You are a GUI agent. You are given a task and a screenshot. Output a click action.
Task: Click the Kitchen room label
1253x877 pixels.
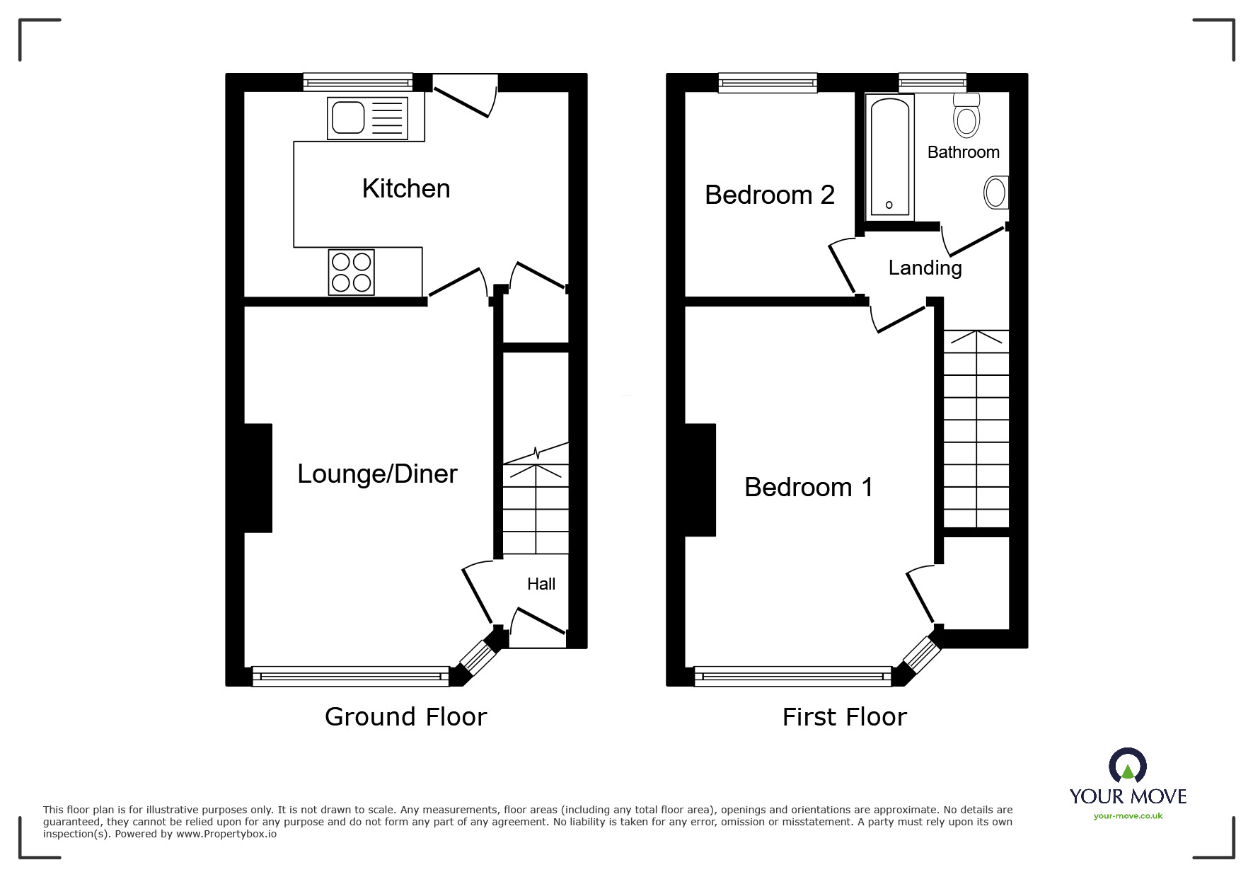pos(405,189)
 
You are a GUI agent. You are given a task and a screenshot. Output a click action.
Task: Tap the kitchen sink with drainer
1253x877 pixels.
pos(367,118)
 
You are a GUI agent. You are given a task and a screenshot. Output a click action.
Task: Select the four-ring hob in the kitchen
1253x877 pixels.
pos(352,273)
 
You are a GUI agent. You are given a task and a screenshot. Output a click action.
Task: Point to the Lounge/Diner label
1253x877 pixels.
pos(377,474)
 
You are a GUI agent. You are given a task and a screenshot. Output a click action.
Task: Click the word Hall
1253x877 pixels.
pos(541,584)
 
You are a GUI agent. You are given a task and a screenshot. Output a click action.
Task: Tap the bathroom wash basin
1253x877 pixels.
pos(995,193)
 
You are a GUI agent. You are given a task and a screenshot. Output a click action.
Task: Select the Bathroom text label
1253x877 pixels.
pos(963,152)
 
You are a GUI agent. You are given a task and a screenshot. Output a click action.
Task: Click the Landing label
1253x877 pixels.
pos(925,268)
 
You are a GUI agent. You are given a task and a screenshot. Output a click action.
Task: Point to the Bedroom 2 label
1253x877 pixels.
pos(770,195)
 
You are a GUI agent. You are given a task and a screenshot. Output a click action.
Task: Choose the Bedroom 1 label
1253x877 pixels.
pos(809,487)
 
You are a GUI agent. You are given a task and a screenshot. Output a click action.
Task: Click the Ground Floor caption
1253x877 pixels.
pos(405,717)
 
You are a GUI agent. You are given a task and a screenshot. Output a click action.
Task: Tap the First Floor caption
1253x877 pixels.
pos(844,717)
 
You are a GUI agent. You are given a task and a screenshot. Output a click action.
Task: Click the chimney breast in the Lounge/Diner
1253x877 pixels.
pos(258,478)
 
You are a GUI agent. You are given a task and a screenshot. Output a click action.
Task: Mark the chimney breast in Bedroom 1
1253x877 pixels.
pos(700,479)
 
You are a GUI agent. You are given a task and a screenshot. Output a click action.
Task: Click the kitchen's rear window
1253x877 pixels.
pos(358,83)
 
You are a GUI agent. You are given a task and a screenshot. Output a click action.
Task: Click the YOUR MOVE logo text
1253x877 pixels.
pos(1128,796)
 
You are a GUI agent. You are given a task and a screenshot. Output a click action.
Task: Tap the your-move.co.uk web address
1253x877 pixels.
pos(1128,816)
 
